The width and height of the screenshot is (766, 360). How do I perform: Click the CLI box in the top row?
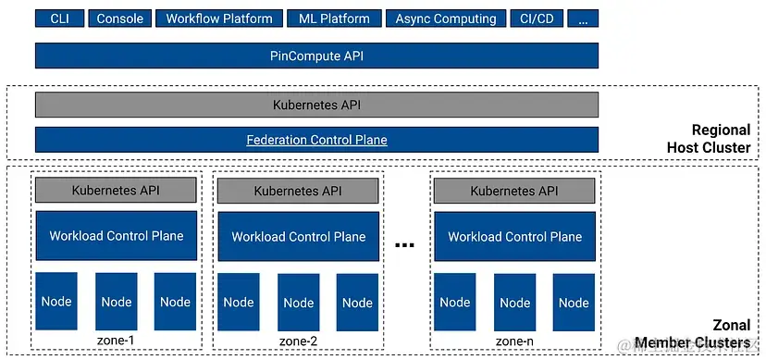[x=59, y=19]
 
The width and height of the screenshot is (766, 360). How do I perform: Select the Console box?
[x=120, y=19]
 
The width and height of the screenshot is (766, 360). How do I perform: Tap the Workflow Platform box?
[x=219, y=19]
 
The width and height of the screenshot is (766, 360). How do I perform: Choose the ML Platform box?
[x=334, y=19]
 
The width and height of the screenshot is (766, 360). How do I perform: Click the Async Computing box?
[x=446, y=19]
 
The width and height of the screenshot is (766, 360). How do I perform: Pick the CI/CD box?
[x=537, y=19]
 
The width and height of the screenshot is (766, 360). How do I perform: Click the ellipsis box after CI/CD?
[x=583, y=19]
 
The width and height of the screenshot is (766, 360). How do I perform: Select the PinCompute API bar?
[x=316, y=56]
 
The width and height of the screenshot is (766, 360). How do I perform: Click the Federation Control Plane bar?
[x=316, y=140]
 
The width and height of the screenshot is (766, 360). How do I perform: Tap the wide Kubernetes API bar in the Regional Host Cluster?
[x=316, y=105]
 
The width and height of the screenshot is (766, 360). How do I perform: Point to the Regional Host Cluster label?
[x=708, y=139]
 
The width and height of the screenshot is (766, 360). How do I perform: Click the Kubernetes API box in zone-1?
[x=117, y=191]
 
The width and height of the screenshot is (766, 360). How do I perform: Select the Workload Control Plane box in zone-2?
[x=298, y=236]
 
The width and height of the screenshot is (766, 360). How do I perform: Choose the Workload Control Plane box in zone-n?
[x=514, y=236]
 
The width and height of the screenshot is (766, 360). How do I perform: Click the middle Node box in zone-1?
[x=117, y=302]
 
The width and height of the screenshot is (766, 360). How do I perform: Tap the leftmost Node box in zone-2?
[x=239, y=302]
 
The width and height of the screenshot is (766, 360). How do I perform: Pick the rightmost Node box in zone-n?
[x=574, y=302]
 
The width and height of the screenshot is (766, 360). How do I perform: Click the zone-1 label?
[x=116, y=341]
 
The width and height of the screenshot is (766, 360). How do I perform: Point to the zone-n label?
[x=513, y=341]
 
